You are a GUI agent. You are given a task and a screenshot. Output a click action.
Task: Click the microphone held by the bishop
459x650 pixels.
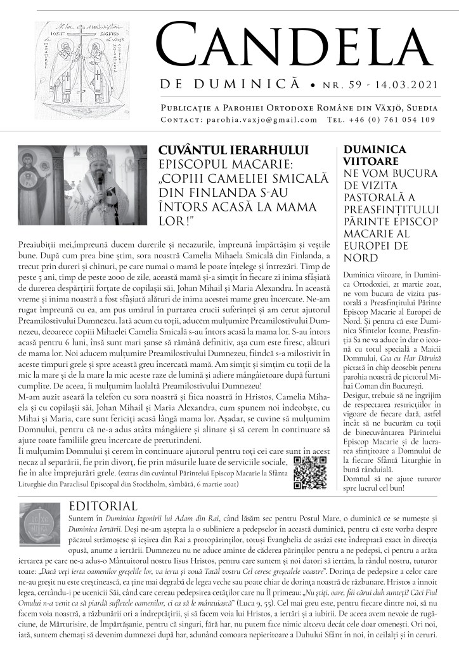pyautogui.click(x=99, y=180)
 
